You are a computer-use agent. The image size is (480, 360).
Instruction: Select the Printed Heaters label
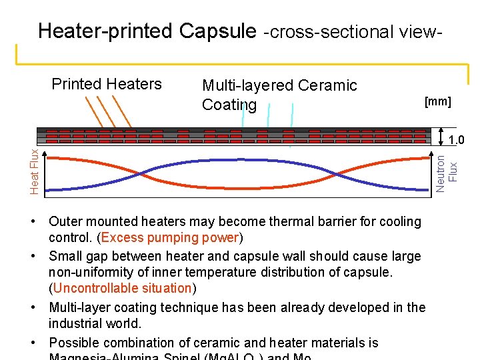pos(107,84)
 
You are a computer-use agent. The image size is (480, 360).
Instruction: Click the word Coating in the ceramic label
pos(229,105)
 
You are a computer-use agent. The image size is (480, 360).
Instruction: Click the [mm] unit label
pos(437,102)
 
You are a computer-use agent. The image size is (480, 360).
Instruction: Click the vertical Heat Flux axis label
pos(35,172)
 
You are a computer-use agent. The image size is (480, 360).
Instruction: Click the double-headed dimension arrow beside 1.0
pos(441,135)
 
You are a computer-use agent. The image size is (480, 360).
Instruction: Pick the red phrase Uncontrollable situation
pos(123,288)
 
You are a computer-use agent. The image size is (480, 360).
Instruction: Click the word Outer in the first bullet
pos(65,221)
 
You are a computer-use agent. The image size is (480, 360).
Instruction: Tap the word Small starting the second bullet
pos(65,256)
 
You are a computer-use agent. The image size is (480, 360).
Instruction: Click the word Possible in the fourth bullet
pos(74,343)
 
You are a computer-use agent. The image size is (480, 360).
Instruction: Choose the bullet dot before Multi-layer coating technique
pos(39,307)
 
